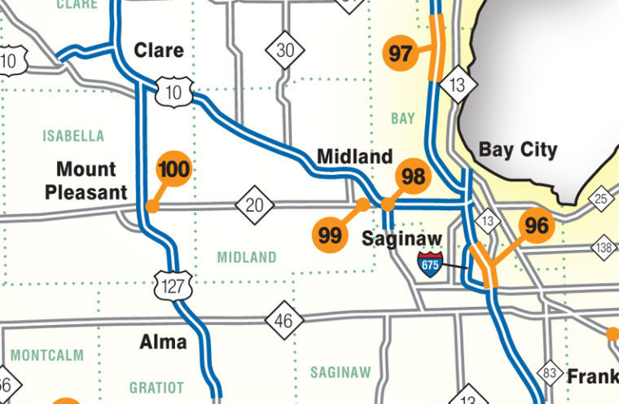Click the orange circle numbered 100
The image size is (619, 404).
click(x=173, y=169)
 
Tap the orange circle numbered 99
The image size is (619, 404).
click(x=330, y=235)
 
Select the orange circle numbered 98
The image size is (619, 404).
click(x=414, y=176)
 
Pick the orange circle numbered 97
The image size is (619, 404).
click(x=401, y=55)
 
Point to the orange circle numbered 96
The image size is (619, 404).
click(x=537, y=226)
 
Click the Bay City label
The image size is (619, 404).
click(x=518, y=150)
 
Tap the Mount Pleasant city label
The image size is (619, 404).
click(x=86, y=181)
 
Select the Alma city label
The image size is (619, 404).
click(x=164, y=341)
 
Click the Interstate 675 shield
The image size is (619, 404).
click(x=431, y=264)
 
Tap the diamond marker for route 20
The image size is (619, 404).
click(x=254, y=204)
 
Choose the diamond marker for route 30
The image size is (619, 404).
click(x=285, y=50)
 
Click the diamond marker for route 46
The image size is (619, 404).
click(x=283, y=320)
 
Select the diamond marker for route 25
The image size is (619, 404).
click(x=600, y=199)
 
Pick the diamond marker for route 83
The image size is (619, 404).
click(x=551, y=371)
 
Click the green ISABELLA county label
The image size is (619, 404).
click(x=73, y=135)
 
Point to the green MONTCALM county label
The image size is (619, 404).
click(x=47, y=355)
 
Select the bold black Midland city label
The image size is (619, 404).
click(x=354, y=156)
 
